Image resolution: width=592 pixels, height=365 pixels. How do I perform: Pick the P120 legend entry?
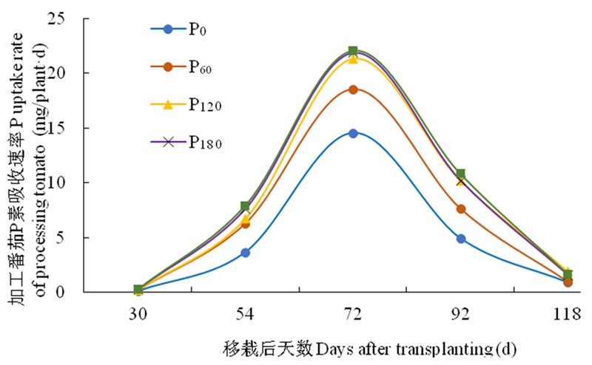tap(182, 105)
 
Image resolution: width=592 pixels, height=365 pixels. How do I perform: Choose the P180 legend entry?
tap(182, 142)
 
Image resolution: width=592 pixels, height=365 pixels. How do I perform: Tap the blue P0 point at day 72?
tap(353, 134)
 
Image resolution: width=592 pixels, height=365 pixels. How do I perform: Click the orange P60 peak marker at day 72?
tap(353, 89)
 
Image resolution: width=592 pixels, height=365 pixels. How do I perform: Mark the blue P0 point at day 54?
tap(246, 253)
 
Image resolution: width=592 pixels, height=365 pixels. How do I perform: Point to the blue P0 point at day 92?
tap(461, 239)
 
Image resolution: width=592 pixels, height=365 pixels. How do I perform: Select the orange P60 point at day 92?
tap(461, 209)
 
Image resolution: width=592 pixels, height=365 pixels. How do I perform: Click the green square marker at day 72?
tap(353, 51)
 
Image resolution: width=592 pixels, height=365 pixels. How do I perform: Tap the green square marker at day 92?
tap(461, 174)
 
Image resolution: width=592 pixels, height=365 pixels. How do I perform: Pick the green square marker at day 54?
tap(246, 206)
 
